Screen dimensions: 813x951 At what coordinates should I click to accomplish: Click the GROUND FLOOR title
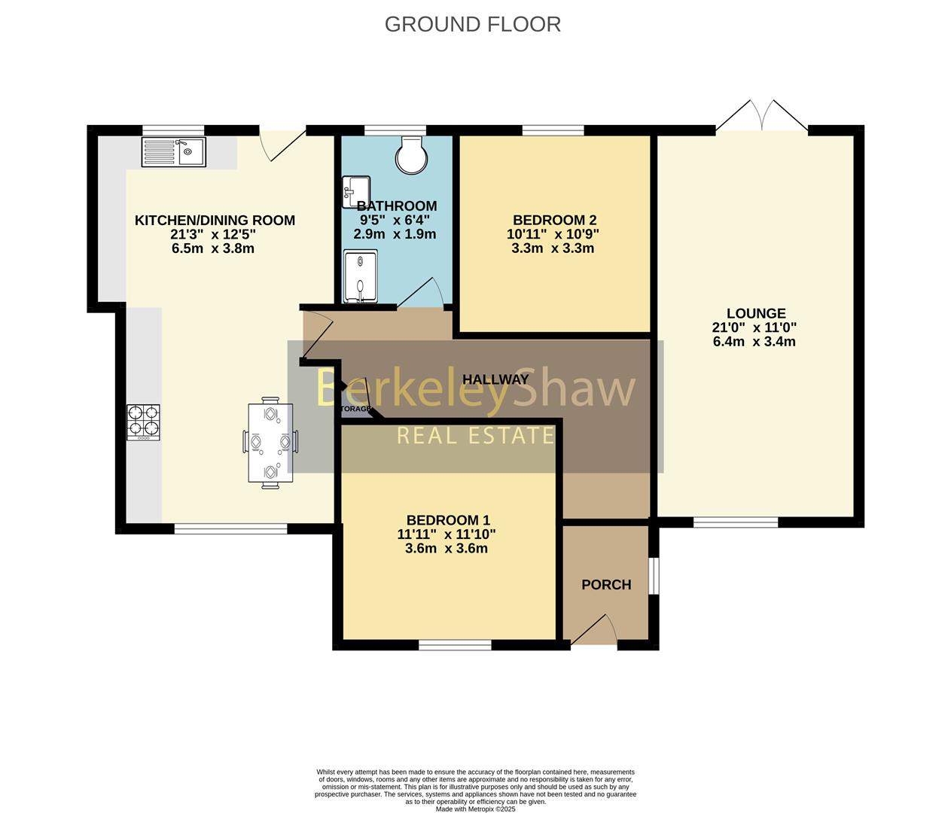point(472,24)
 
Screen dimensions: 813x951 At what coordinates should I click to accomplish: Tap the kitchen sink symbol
point(173,152)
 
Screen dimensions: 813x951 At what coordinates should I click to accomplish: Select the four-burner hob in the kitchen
point(143,422)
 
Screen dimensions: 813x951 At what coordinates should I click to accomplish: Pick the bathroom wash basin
point(355,191)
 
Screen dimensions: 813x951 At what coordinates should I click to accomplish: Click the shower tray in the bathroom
point(361,277)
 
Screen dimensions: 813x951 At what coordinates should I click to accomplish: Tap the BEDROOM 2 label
point(554,220)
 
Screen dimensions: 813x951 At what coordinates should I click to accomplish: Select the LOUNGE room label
point(755,313)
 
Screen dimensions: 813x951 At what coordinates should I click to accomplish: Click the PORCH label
point(606,585)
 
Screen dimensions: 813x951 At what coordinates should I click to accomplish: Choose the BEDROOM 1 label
point(448,520)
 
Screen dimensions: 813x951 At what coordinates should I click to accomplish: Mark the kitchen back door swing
point(282,143)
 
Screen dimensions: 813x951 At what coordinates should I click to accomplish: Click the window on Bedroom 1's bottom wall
point(455,644)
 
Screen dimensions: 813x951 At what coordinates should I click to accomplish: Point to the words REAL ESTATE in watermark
point(475,435)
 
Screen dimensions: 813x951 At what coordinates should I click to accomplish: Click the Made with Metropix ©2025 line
point(475,809)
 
